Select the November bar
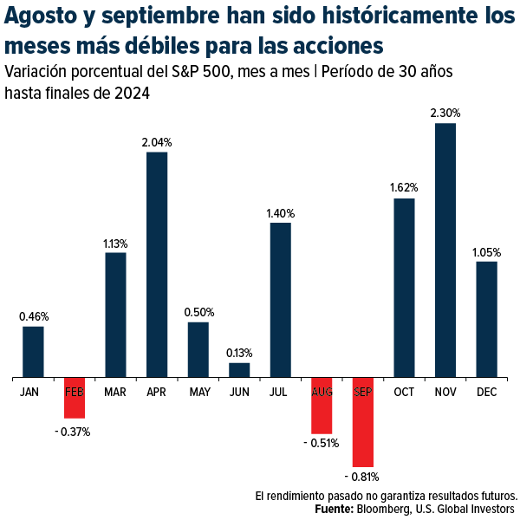445,250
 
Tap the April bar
157,264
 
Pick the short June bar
239,370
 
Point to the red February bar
75,398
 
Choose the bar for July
281,300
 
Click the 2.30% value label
445,113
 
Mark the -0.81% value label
361,477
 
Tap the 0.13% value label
239,353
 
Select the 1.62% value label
404,187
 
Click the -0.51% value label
321,443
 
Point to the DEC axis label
486,393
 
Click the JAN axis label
29,393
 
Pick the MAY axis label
198,393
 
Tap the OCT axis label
404,393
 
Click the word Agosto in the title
40,17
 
